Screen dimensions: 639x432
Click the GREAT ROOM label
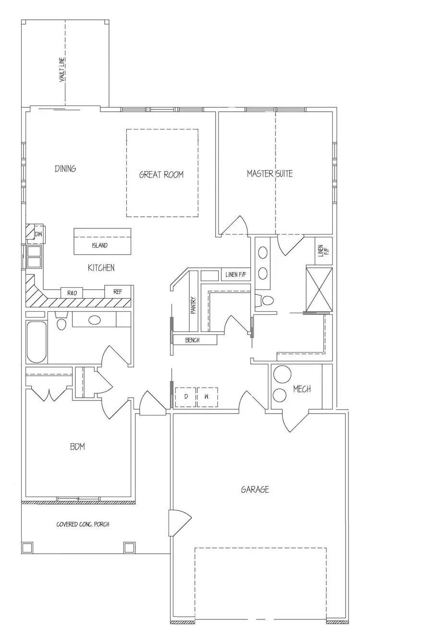click(x=161, y=175)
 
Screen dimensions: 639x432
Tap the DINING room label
click(x=65, y=169)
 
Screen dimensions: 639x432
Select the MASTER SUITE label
click(x=270, y=174)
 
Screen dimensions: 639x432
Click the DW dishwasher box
click(x=38, y=234)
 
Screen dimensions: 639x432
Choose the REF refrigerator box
click(x=118, y=292)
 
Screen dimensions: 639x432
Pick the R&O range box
click(x=72, y=293)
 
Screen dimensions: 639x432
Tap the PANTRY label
click(x=193, y=304)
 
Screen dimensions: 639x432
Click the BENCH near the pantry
click(x=192, y=340)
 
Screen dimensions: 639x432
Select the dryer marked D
click(x=185, y=397)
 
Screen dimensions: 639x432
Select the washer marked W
click(x=207, y=397)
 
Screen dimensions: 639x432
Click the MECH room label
click(x=302, y=389)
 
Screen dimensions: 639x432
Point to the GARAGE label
click(x=254, y=490)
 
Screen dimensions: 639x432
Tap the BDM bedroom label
click(x=77, y=447)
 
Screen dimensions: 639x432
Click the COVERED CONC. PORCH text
click(x=83, y=524)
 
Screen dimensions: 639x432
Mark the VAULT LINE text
click(x=62, y=70)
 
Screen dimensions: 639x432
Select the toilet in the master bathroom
click(x=265, y=300)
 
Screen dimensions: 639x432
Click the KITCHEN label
click(x=101, y=268)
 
